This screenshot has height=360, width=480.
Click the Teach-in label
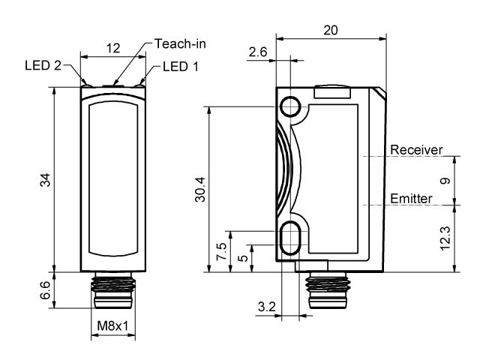coord(180,43)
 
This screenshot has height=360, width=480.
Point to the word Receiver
coord(416,149)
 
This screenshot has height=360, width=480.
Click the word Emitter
coord(411,198)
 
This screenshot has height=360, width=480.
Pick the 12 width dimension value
coord(113,48)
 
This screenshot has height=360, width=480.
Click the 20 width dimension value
coord(331,30)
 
